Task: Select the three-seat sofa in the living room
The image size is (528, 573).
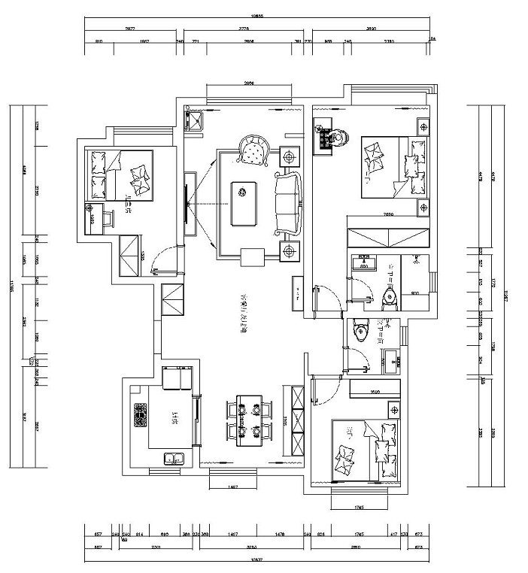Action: tap(287, 201)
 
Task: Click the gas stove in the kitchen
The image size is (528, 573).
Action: tap(140, 414)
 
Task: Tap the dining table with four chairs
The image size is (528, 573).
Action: tap(244, 420)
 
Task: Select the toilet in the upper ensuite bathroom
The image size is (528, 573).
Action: tap(390, 298)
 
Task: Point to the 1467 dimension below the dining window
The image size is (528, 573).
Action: tap(232, 488)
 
